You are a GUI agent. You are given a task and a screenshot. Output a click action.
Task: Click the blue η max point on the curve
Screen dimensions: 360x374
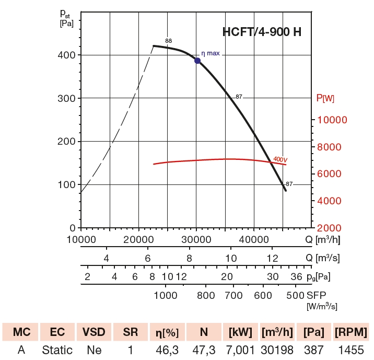pos(197,61)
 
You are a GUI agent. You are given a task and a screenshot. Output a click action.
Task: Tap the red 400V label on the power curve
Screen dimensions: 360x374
pos(280,159)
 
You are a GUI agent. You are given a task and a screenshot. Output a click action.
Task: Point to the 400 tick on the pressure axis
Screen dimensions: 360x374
pos(67,55)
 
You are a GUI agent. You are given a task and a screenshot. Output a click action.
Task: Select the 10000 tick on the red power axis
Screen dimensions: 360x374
pos(332,120)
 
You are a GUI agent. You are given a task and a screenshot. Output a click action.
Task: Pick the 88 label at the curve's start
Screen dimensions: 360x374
pos(168,41)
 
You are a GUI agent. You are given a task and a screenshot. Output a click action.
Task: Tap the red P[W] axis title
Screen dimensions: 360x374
pos(325,98)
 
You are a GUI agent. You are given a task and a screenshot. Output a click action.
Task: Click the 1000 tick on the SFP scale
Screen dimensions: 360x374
pos(166,295)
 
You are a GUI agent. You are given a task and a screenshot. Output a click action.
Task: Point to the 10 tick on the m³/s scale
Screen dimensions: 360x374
pos(231,258)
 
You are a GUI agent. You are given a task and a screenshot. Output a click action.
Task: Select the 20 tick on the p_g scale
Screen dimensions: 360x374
pos(227,276)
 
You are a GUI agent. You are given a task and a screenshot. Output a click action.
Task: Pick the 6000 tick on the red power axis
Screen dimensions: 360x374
pos(332,173)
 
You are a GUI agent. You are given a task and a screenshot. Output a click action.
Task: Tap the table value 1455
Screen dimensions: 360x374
pos(350,350)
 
